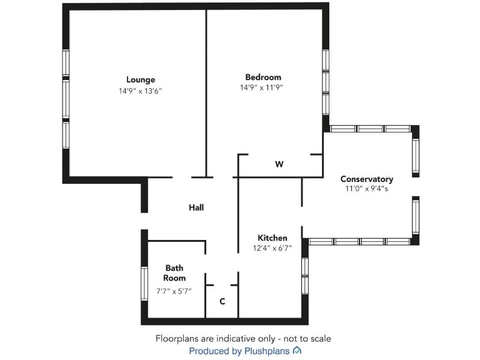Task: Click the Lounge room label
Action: coord(141,79)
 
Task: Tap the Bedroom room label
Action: coord(263,77)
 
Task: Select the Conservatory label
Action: coord(367,179)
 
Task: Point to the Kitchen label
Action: coord(272,238)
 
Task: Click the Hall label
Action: coord(196,207)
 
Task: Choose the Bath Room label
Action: coord(174,273)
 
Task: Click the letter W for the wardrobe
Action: coord(279,164)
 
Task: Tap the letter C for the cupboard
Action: coord(222,302)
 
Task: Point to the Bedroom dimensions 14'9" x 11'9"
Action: coord(262,87)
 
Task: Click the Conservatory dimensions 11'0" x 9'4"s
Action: coord(367,188)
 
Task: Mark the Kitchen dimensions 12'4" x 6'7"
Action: coord(272,248)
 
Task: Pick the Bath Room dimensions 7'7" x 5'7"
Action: coord(174,291)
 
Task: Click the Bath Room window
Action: coord(144,284)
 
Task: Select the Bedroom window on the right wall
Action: coord(326,82)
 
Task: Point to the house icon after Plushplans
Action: coord(297,351)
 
